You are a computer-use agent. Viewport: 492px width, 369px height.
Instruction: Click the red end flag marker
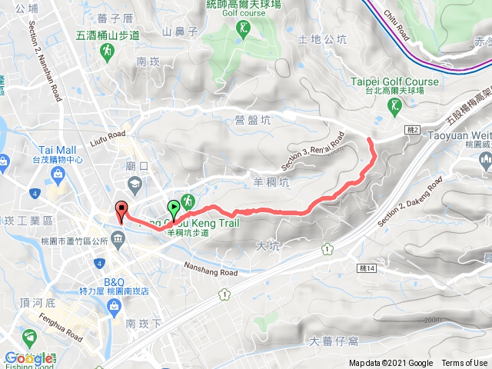(x=121, y=209)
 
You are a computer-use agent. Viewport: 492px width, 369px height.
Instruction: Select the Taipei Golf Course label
(x=395, y=81)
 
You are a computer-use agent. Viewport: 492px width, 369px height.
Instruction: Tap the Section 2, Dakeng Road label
(x=402, y=205)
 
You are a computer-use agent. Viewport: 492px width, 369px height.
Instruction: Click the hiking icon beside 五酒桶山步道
(x=107, y=52)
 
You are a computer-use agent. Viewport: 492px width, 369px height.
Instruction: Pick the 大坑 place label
(x=264, y=246)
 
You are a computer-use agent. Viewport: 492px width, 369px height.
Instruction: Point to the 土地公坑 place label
(x=323, y=39)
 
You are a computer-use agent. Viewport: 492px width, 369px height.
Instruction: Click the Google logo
(x=29, y=358)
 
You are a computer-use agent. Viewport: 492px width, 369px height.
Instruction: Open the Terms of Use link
(x=464, y=364)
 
